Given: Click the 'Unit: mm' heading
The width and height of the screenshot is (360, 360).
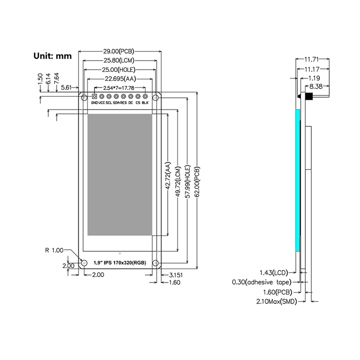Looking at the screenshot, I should (x=53, y=56).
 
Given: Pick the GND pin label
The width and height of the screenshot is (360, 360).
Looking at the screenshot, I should (x=94, y=103).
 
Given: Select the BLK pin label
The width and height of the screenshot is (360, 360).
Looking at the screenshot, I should (x=145, y=103).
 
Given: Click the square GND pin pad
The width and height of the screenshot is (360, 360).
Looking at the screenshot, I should (x=94, y=96).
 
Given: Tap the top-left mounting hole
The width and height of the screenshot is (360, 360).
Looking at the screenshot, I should (x=84, y=97).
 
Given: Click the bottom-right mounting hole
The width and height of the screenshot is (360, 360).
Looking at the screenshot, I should (x=156, y=263).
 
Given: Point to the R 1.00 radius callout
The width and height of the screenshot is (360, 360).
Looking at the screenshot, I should (x=54, y=250).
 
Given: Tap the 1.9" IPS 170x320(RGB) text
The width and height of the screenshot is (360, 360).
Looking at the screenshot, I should (x=119, y=263).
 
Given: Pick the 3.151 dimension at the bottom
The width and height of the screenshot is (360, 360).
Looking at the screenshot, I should (x=176, y=274).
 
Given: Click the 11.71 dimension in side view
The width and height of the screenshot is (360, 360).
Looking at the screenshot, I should (x=311, y=59).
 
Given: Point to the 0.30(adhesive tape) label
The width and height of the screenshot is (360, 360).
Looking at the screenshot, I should (x=261, y=282).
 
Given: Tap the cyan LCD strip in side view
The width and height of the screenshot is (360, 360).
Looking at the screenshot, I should (x=297, y=180).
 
